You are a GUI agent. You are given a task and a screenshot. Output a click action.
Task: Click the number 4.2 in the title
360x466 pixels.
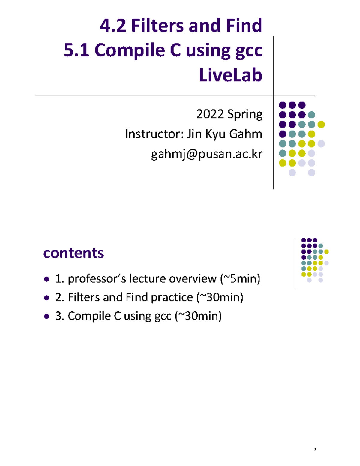(113, 26)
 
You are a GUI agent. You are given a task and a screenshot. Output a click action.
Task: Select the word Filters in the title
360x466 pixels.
(157, 26)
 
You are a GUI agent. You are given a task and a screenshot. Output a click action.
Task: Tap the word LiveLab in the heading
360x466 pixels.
(230, 75)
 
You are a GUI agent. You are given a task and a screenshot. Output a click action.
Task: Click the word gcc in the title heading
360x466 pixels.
(249, 51)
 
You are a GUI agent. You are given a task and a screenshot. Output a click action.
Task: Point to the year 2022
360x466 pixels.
(210, 114)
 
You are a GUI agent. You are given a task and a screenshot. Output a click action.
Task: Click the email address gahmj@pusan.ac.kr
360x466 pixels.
(207, 154)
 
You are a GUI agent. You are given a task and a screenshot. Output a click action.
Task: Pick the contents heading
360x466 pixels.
(73, 253)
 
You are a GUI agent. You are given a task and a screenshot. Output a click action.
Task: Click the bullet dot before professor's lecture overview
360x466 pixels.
(46, 279)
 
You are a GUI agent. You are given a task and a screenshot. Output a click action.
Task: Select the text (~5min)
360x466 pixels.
(240, 279)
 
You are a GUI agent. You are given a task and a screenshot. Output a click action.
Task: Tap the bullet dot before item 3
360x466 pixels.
(46, 316)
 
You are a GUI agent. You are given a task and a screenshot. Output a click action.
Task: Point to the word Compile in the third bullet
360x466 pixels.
(89, 316)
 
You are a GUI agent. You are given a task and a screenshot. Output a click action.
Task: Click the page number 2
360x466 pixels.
(315, 449)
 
